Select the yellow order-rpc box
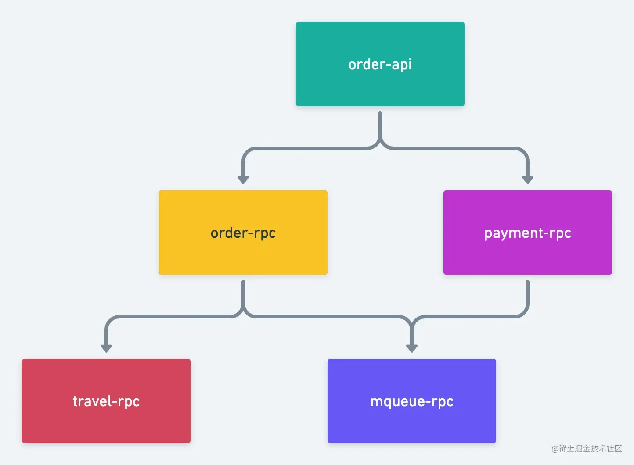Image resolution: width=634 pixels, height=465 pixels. (x=243, y=254)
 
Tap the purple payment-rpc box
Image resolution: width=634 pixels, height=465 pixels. (x=527, y=254)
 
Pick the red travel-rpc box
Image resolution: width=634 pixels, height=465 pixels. (x=106, y=421)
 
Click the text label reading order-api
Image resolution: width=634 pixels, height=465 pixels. (x=380, y=64)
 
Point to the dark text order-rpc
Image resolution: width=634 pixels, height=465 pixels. (x=243, y=233)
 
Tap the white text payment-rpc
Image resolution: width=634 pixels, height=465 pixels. (x=527, y=233)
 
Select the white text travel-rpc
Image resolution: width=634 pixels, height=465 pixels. (x=106, y=401)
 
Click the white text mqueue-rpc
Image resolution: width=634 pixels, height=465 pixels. (x=411, y=401)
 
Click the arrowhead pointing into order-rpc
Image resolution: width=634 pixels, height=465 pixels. (x=243, y=180)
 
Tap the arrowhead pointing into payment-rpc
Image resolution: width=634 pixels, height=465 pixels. (x=528, y=180)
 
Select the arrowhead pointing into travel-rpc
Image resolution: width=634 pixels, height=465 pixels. (x=106, y=348)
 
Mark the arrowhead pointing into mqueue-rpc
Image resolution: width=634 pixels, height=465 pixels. (x=412, y=348)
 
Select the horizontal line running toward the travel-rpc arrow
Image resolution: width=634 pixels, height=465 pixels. (x=171, y=316)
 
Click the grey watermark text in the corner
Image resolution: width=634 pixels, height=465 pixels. (x=587, y=448)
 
